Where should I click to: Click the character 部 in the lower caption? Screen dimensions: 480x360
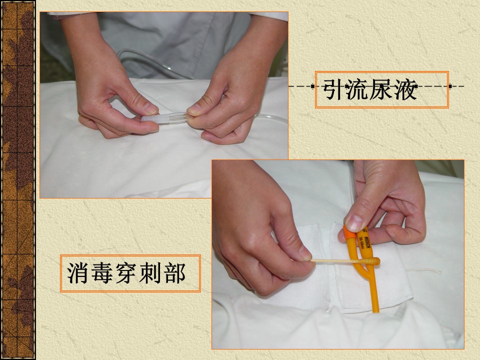point(174,273)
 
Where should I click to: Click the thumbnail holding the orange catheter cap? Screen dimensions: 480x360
point(355,223)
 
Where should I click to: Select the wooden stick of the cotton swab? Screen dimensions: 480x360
point(336,261)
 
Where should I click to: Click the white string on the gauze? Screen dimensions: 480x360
point(424,270)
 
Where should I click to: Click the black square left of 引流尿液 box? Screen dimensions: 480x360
point(312,86)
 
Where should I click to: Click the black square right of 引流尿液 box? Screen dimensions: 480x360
point(450,86)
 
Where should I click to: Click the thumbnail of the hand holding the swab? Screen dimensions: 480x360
point(305,252)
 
